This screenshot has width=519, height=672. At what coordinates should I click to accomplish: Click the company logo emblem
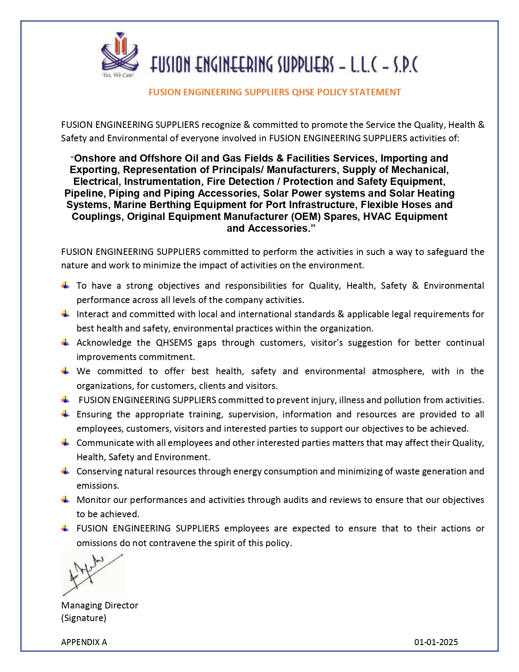pos(119,52)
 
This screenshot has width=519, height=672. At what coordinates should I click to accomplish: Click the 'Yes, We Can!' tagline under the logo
pos(118,75)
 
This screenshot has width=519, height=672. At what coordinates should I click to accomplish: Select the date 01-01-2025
pos(436,642)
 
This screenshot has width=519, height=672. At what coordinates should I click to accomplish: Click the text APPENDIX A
pos(84,642)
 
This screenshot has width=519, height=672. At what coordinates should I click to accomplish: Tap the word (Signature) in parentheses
pos(83,618)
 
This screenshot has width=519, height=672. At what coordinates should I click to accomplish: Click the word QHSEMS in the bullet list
pos(174,343)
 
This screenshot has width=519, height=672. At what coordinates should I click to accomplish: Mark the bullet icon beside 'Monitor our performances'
pos(66,499)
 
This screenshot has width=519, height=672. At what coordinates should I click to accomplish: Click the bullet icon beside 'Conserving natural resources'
pos(66,471)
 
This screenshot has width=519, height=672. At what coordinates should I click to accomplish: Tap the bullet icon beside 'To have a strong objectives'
pos(66,285)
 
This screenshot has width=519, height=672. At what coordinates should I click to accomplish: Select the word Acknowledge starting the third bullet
pos(104,343)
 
